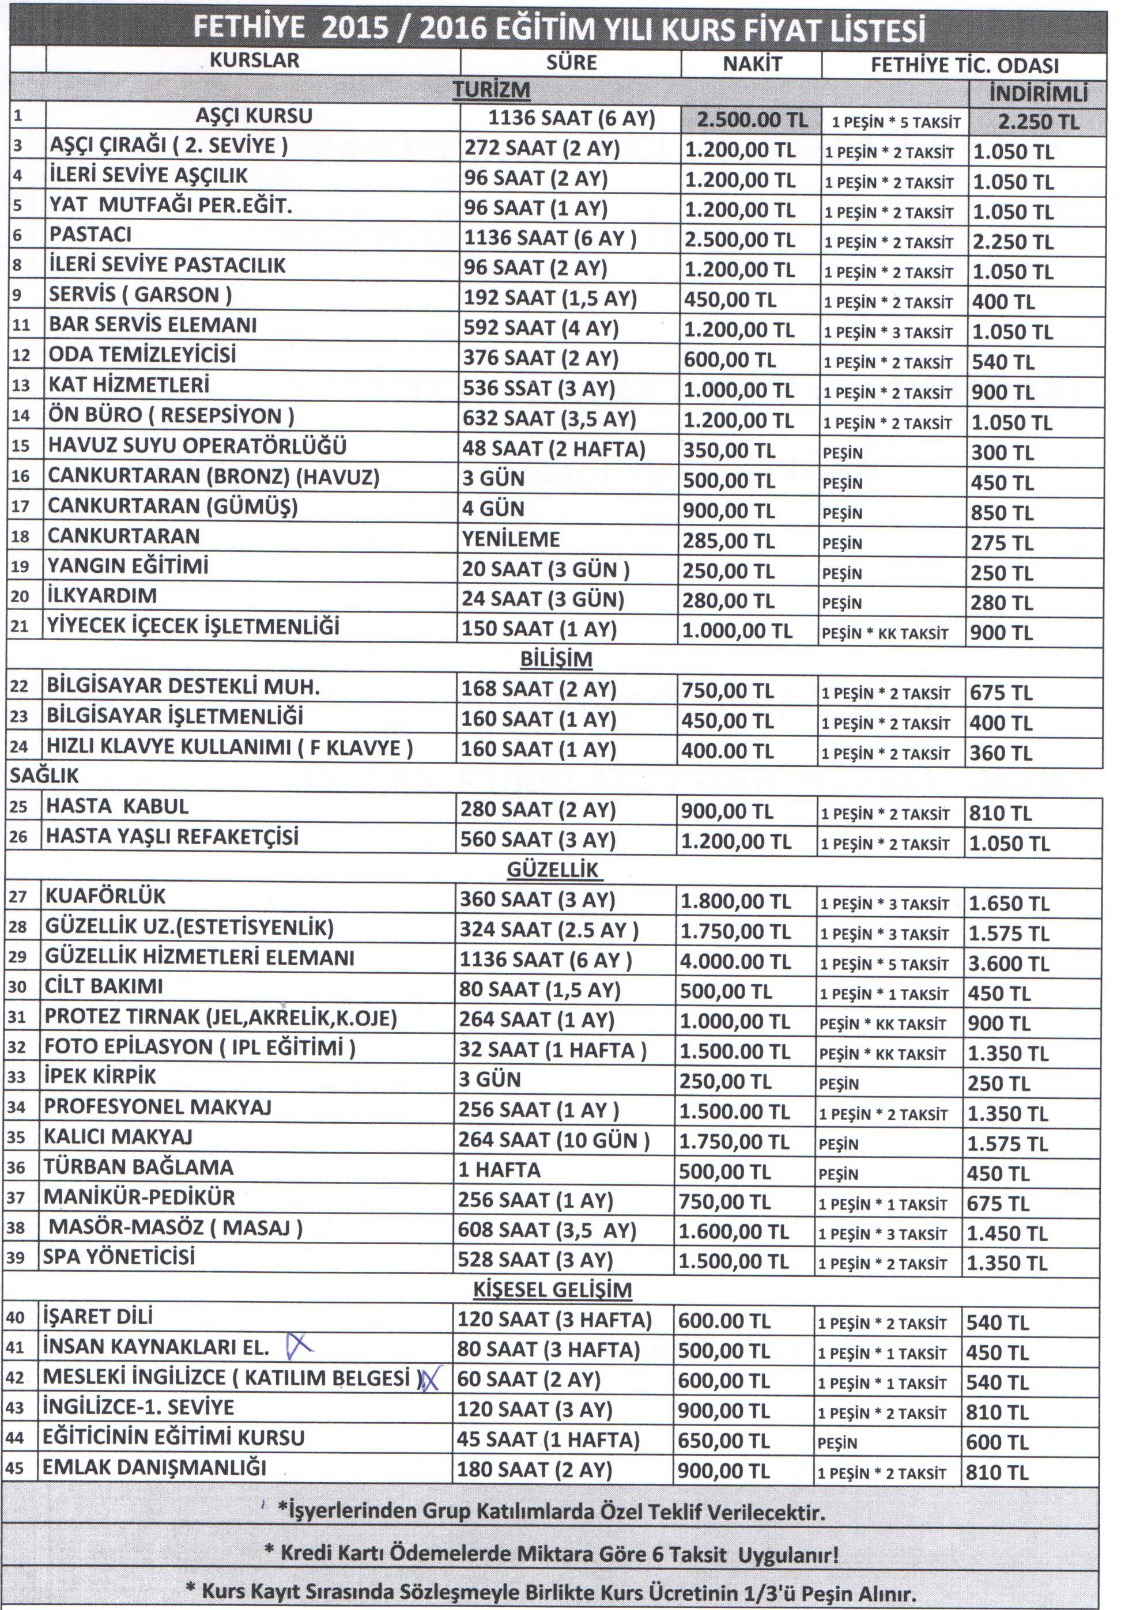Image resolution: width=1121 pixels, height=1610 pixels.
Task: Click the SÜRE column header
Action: pos(571,62)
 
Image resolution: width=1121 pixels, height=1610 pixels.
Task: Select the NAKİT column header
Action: pos(752,65)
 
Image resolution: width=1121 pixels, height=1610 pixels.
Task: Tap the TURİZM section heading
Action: pos(491,90)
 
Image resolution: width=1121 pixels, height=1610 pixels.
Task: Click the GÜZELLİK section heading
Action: pos(553,870)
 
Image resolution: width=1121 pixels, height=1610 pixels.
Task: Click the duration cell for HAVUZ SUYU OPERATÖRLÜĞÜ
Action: pos(553,449)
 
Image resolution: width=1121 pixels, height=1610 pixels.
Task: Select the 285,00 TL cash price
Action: pos(729,541)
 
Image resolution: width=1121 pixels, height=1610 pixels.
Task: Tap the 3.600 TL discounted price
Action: pos(1008,963)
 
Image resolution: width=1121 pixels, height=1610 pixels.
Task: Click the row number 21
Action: pos(19,627)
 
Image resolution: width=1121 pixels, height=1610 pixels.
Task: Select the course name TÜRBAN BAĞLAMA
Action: pos(138,1167)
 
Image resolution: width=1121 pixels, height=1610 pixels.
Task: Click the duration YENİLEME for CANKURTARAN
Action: pos(510,539)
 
